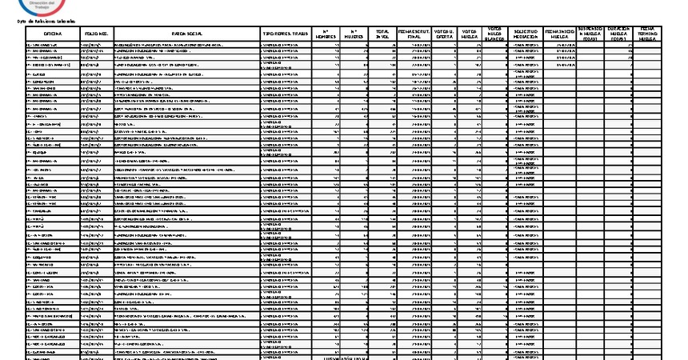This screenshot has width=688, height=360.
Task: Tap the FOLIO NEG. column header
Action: click(96, 34)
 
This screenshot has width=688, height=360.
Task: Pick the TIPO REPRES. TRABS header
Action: click(285, 34)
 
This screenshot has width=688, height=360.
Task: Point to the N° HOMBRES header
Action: click(325, 34)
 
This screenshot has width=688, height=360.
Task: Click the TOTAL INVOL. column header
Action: click(383, 34)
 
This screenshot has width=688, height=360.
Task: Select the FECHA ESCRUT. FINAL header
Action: click(414, 34)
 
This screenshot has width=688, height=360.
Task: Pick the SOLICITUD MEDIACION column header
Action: click(526, 34)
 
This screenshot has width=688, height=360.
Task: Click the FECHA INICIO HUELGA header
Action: click(559, 34)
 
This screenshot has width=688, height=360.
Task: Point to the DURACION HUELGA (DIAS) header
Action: click(620, 34)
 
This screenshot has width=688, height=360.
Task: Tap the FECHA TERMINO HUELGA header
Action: click(649, 34)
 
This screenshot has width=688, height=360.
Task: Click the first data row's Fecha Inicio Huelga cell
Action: click(559, 46)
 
